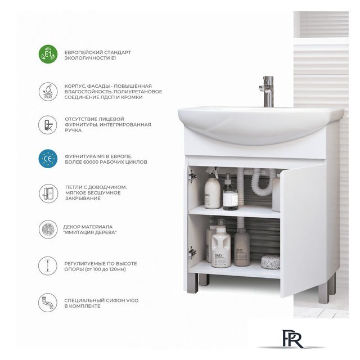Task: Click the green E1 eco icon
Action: click(x=48, y=54)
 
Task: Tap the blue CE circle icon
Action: click(x=48, y=159)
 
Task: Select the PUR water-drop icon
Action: click(x=48, y=92)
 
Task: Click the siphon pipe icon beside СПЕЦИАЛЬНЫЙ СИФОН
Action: click(x=48, y=303)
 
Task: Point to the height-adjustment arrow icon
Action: click(x=48, y=265)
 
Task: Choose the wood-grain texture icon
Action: click(x=48, y=229)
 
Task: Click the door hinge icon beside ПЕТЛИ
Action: click(x=48, y=193)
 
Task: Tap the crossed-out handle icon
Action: click(x=48, y=125)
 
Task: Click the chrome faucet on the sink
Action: click(x=268, y=92)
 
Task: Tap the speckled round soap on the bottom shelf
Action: click(x=271, y=262)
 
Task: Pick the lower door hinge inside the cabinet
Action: click(x=192, y=252)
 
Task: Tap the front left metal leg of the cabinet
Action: click(x=192, y=283)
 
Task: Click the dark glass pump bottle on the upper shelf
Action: click(x=230, y=193)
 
